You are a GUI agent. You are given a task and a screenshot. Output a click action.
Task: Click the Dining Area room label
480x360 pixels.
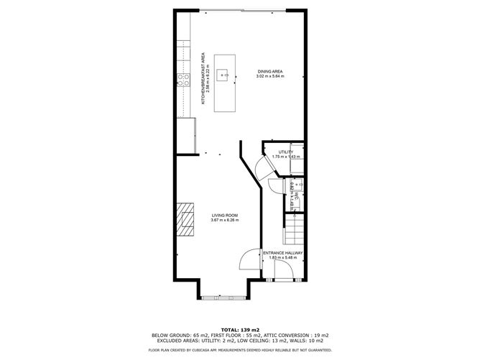[x=271, y=71]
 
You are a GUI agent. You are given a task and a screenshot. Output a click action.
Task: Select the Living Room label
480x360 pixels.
[x=224, y=215]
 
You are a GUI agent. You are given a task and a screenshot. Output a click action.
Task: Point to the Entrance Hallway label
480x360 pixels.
[x=282, y=253]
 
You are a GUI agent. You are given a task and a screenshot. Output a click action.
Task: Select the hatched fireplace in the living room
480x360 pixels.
[x=186, y=220]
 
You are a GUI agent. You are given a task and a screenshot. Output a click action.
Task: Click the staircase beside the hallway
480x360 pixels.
[x=294, y=232]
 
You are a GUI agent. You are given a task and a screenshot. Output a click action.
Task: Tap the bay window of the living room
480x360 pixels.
[x=224, y=296]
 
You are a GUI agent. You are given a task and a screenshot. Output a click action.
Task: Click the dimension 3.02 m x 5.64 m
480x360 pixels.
[x=271, y=75]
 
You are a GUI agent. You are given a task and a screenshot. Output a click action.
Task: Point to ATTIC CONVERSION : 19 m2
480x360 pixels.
[x=300, y=334]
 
